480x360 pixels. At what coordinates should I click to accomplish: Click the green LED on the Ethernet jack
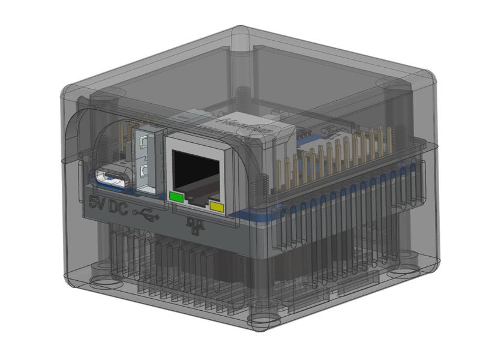(177, 196)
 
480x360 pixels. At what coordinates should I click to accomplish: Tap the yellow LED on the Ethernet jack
(217, 208)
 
